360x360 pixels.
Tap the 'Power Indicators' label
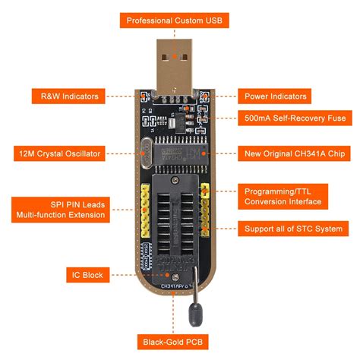[x=276, y=96]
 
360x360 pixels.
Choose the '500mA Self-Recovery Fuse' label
[x=295, y=118]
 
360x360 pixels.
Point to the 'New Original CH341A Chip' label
[x=295, y=153]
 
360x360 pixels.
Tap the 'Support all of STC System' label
[x=294, y=228]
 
